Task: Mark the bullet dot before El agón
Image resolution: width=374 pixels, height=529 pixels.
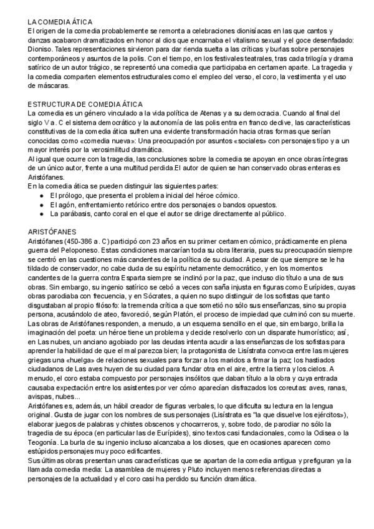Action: pos(41,205)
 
